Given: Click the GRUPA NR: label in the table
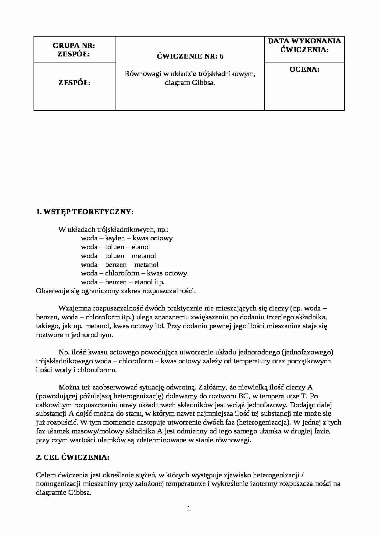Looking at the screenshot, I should pos(74,46).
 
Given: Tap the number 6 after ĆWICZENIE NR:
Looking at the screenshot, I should pos(221,56).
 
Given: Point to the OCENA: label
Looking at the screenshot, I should pos(304,70).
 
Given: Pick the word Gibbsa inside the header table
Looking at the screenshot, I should pos(203,83).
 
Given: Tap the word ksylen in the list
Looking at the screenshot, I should pos(115,238).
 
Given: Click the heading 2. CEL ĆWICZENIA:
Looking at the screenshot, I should pos(73,458).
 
